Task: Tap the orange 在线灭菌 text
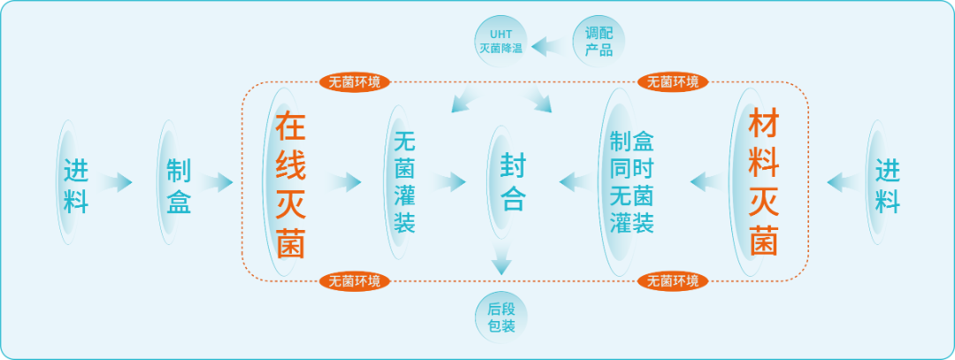290,183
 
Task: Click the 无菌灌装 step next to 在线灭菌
404,183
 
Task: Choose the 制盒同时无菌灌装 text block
632,183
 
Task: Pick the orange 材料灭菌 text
763,182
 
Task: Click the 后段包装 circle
500,318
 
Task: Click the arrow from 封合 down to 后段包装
502,262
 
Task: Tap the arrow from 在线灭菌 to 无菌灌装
345,183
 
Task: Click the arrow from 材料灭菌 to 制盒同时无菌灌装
705,182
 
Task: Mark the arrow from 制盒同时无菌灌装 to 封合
576,183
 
